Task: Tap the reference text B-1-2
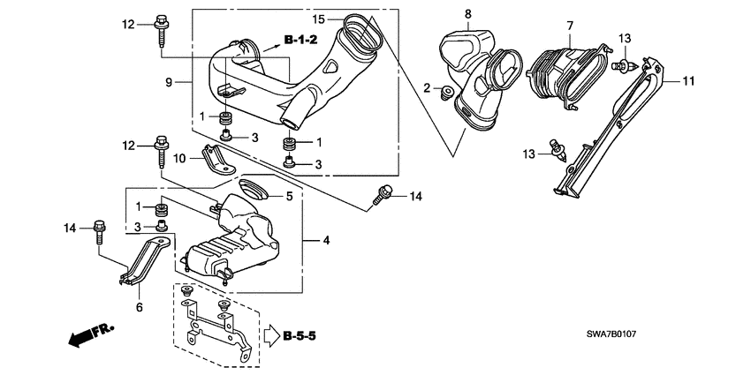(x=300, y=40)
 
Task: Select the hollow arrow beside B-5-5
(x=270, y=335)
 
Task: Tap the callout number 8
(x=468, y=13)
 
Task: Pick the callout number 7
(x=570, y=26)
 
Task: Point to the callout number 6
(x=138, y=307)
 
